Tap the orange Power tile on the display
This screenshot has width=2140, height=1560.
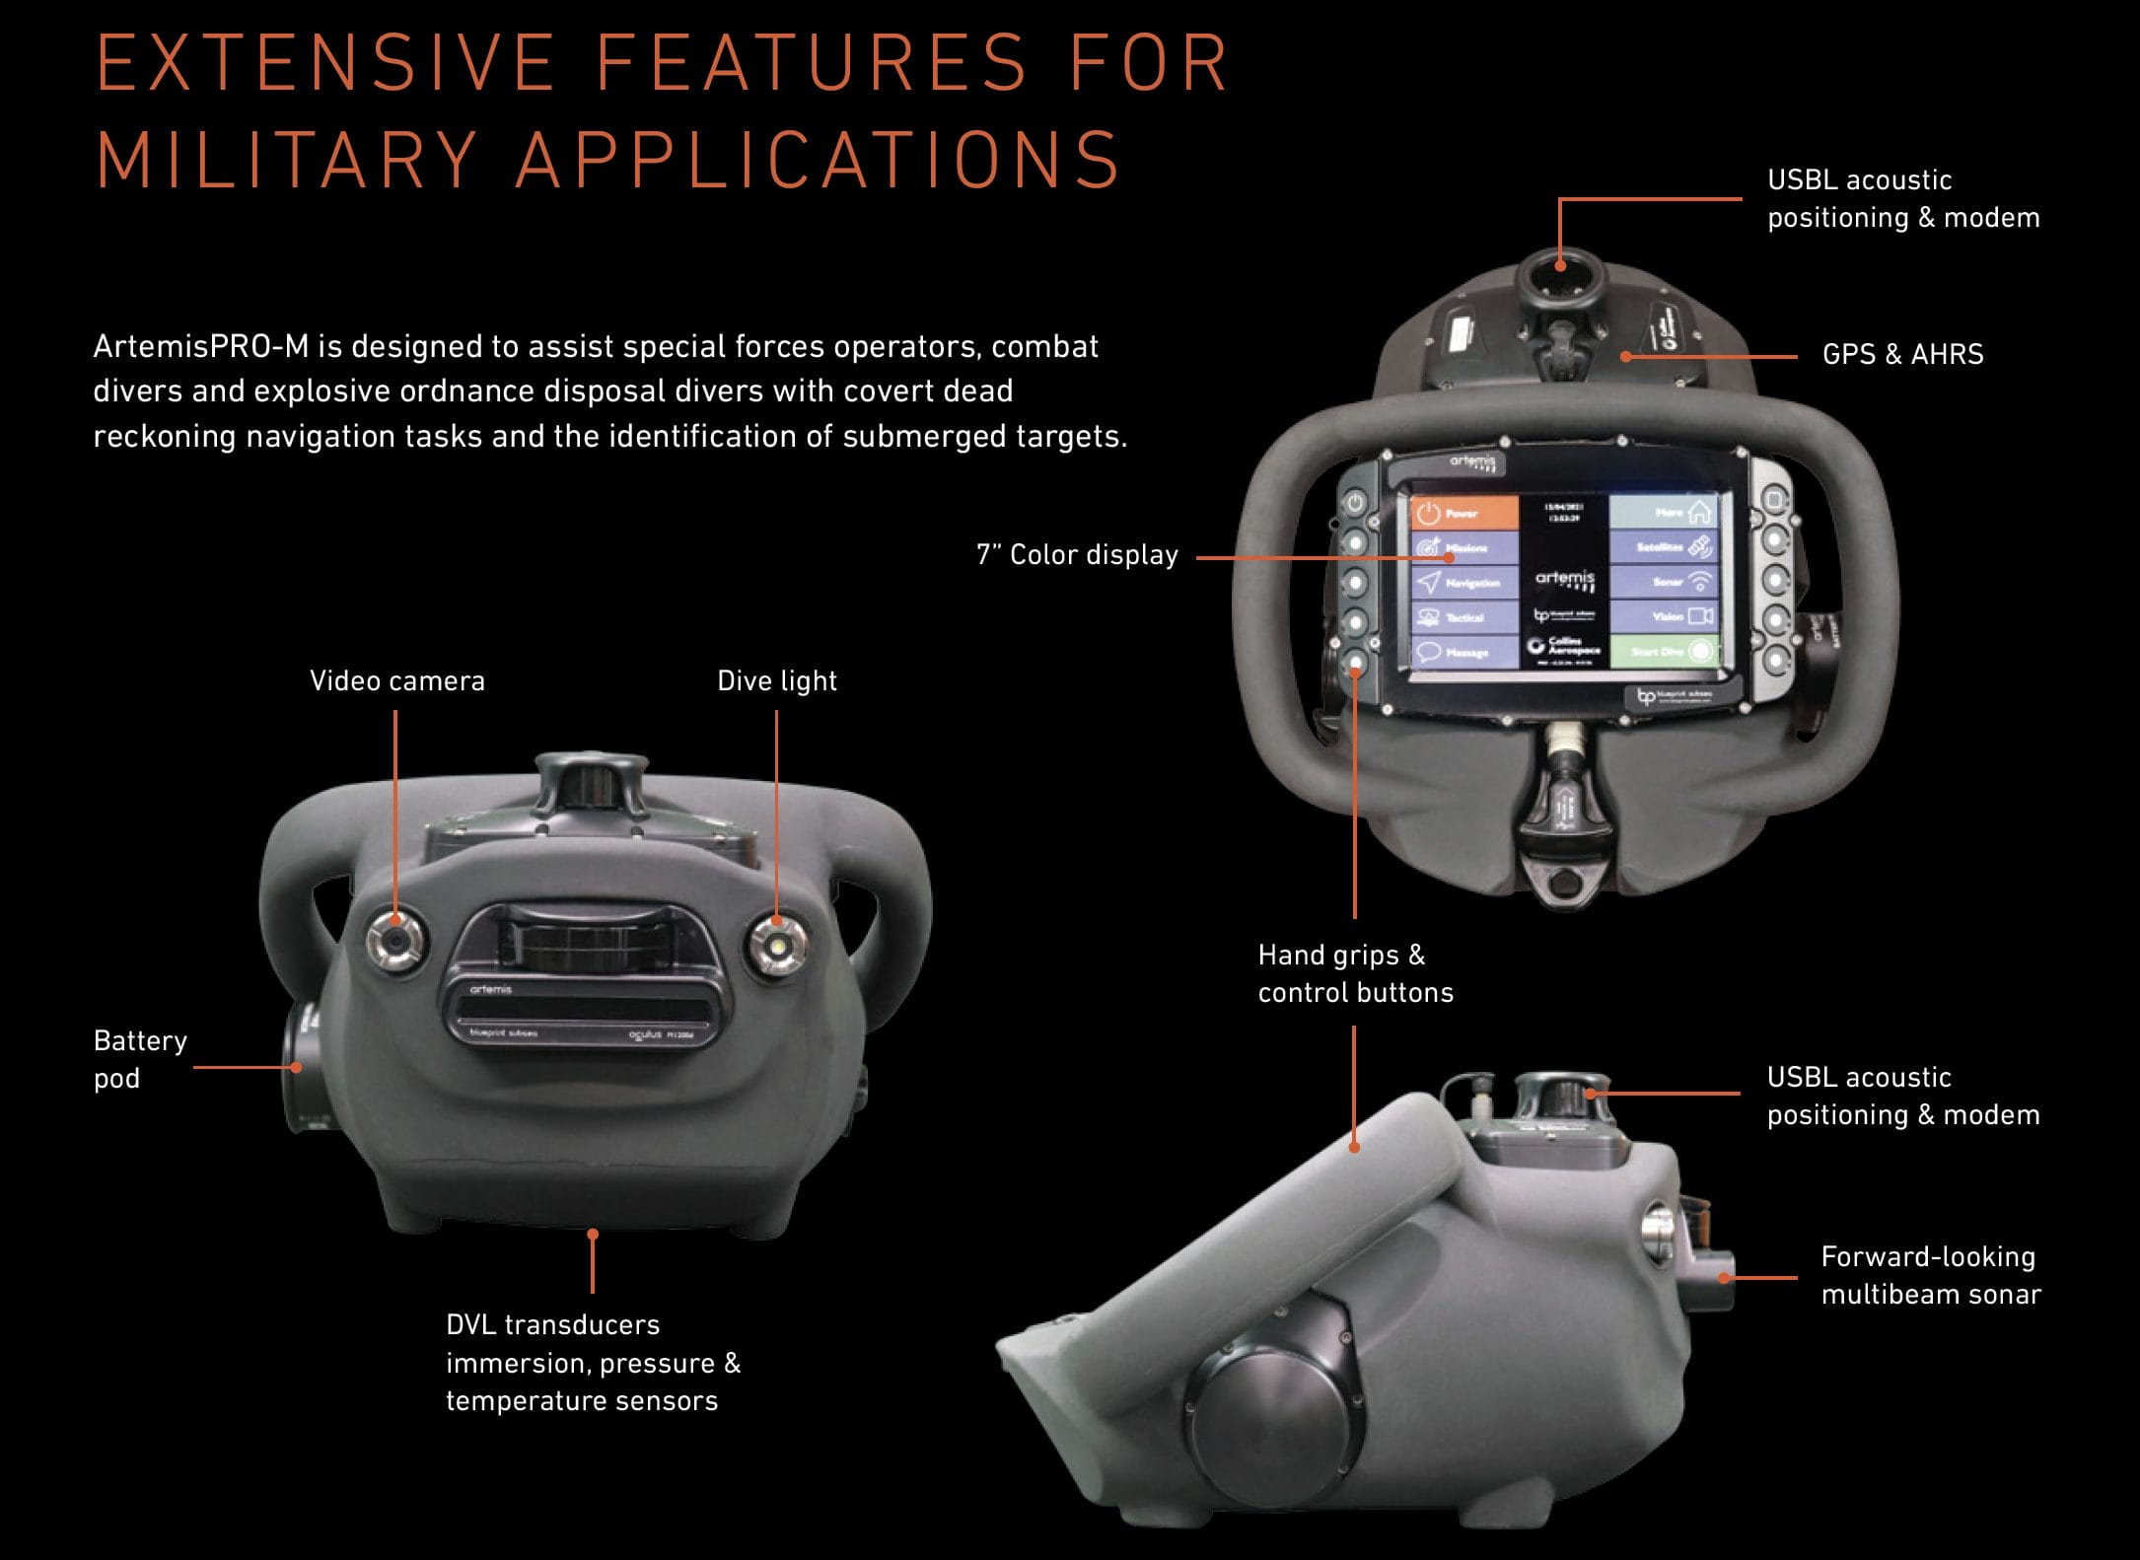pyautogui.click(x=1463, y=513)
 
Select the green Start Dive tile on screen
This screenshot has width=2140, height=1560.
pyautogui.click(x=1665, y=651)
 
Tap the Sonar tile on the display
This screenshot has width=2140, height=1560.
pyautogui.click(x=1665, y=582)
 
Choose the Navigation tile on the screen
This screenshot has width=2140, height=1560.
pyautogui.click(x=1463, y=582)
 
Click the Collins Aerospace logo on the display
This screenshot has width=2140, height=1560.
pyautogui.click(x=1564, y=647)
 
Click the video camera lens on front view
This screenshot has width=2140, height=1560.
pyautogui.click(x=394, y=941)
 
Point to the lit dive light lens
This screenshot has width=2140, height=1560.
pyautogui.click(x=776, y=945)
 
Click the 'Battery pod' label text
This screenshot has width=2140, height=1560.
pyautogui.click(x=139, y=1059)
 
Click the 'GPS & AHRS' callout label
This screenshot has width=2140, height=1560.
pyautogui.click(x=1902, y=354)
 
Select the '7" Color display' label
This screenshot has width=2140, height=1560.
pyautogui.click(x=1077, y=555)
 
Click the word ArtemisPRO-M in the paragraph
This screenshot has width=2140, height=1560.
pyautogui.click(x=200, y=347)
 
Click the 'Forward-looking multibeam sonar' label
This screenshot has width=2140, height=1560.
pyautogui.click(x=1930, y=1275)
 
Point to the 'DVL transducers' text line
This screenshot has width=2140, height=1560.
pyautogui.click(x=552, y=1324)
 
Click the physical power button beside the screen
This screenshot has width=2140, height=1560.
pyautogui.click(x=1355, y=504)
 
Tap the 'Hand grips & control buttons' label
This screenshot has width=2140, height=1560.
pyautogui.click(x=1355, y=973)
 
